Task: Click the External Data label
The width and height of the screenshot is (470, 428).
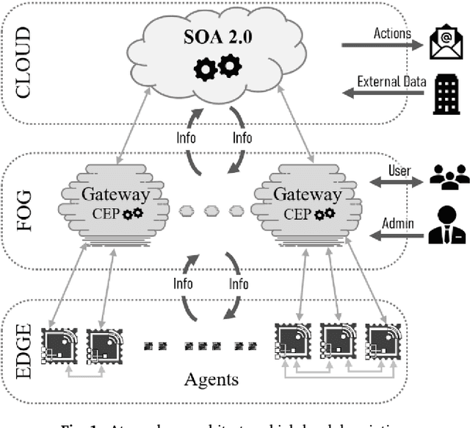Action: coord(391,81)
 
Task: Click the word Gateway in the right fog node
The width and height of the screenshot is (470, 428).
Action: coord(307,195)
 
